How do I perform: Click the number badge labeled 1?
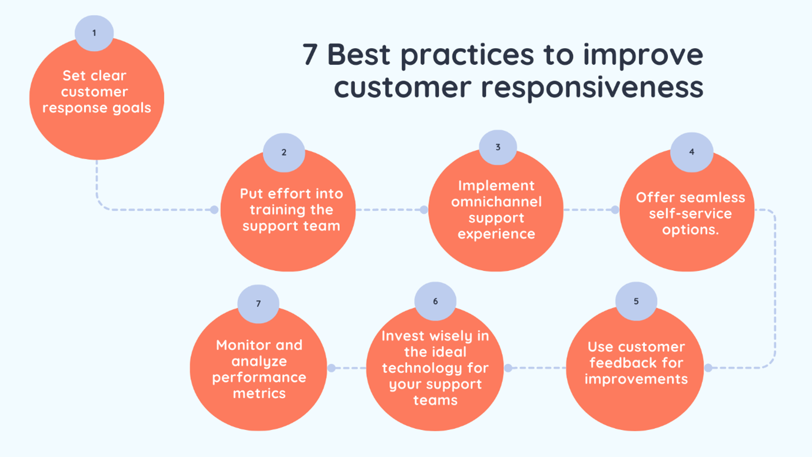pyautogui.click(x=94, y=33)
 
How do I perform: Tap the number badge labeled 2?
pyautogui.click(x=284, y=152)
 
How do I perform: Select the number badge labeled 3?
pyautogui.click(x=498, y=147)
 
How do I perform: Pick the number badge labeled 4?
pyautogui.click(x=692, y=152)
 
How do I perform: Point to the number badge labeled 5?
pyautogui.click(x=636, y=301)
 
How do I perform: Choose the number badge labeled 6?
pyautogui.click(x=435, y=301)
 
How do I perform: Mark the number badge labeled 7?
pyautogui.click(x=258, y=304)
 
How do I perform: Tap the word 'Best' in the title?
pyautogui.click(x=359, y=54)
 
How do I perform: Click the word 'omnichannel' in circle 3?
pyautogui.click(x=496, y=201)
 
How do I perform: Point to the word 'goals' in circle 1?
pyautogui.click(x=132, y=108)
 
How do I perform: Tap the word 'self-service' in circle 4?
pyautogui.click(x=690, y=213)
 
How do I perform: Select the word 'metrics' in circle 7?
pyautogui.click(x=259, y=393)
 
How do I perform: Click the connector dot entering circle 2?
pyautogui.click(x=214, y=210)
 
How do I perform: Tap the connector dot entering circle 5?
pyautogui.click(x=708, y=368)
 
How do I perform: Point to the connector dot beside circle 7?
pyautogui.click(x=332, y=368)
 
